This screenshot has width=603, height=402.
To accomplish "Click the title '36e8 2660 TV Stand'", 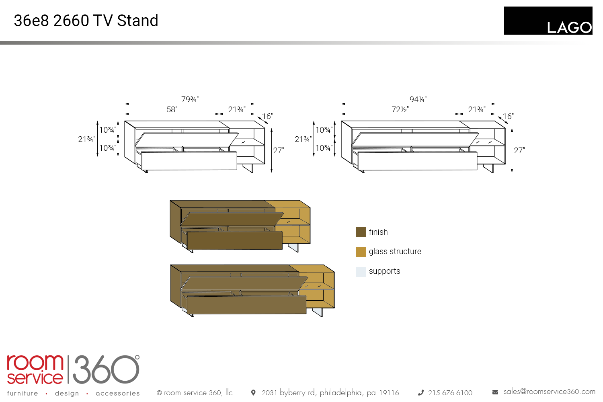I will [x=86, y=21].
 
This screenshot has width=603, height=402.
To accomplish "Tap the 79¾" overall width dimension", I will [x=190, y=99].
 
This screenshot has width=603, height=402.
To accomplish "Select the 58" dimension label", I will [x=172, y=109].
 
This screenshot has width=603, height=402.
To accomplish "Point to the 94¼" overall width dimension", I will [x=418, y=99].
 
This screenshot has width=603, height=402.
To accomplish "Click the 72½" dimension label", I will [x=400, y=109].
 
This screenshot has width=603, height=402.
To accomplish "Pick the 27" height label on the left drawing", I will [x=279, y=150].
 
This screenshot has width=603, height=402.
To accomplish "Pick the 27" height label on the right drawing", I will [x=519, y=150].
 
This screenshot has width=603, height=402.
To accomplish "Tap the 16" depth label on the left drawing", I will [x=267, y=116].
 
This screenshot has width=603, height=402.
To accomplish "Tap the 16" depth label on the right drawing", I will [x=508, y=116].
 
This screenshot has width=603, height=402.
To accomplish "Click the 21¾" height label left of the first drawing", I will [x=86, y=139].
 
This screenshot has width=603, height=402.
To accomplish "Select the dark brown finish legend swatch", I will [x=361, y=232].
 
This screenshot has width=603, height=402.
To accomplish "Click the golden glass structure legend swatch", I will [x=361, y=252].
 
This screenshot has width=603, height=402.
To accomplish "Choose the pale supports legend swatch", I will [x=361, y=272].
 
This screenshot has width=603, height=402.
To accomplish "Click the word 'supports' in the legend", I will [x=384, y=271].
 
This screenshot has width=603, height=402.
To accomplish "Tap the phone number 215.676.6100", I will [x=450, y=393].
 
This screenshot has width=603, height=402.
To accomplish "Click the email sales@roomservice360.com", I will [x=549, y=392].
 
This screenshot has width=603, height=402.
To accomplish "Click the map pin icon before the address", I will [x=253, y=392].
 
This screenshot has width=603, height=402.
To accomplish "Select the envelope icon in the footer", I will [x=495, y=392].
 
